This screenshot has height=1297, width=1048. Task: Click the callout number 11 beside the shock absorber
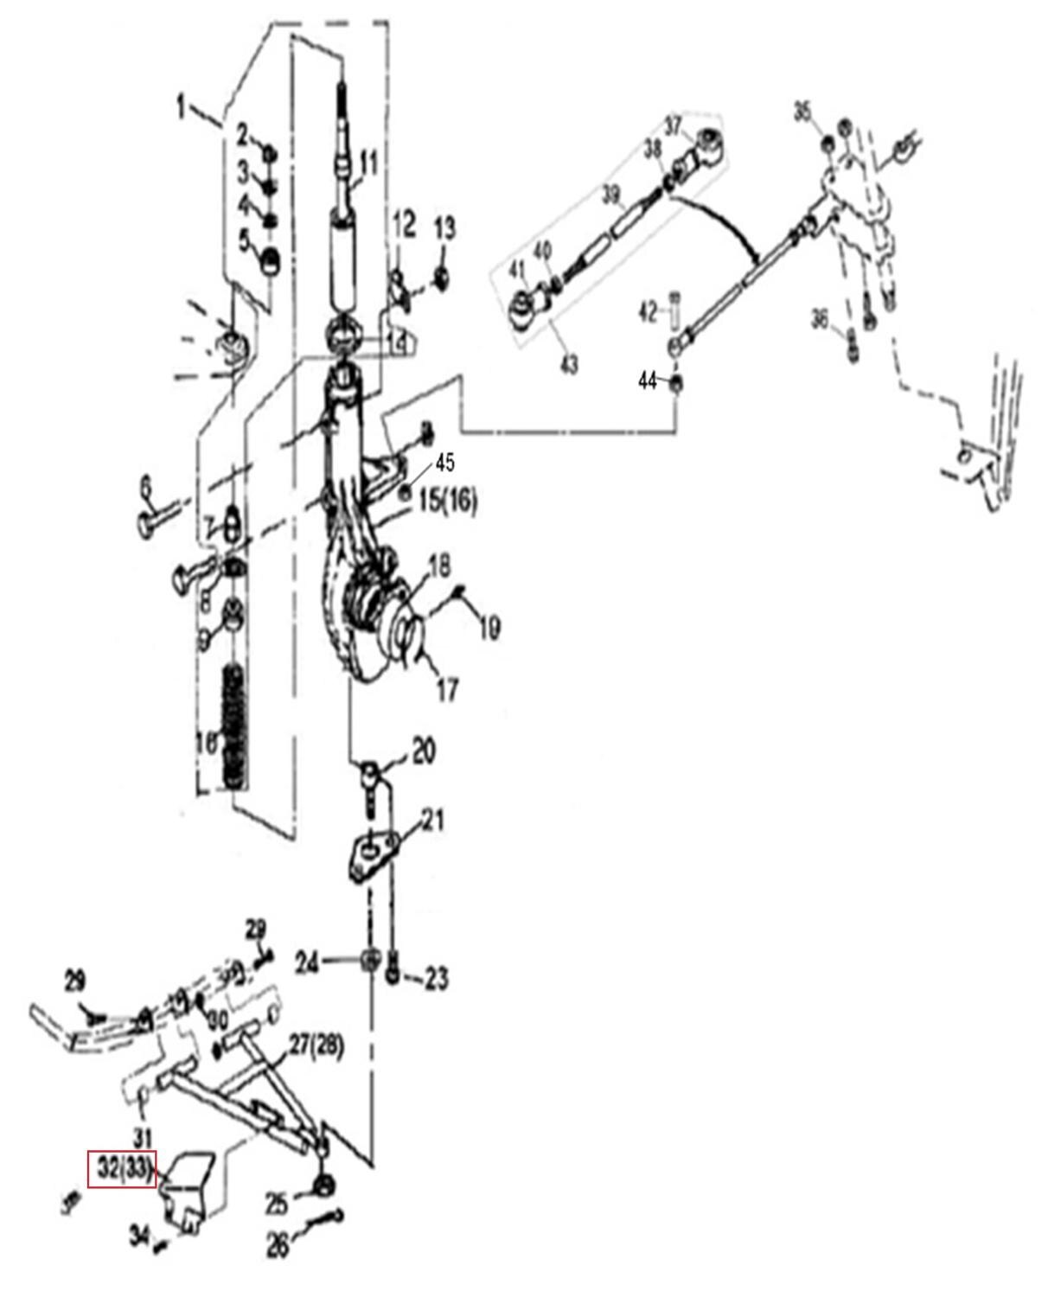369,163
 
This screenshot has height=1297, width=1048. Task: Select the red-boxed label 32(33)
122,1171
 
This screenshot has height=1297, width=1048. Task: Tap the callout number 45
444,463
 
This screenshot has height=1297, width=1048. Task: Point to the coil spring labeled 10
234,723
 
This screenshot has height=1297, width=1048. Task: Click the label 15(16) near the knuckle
448,501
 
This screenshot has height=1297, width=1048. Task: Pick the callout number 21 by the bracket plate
432,820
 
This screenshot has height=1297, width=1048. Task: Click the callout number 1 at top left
181,109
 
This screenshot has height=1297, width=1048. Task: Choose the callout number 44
648,380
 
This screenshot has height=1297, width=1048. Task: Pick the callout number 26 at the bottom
278,1245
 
